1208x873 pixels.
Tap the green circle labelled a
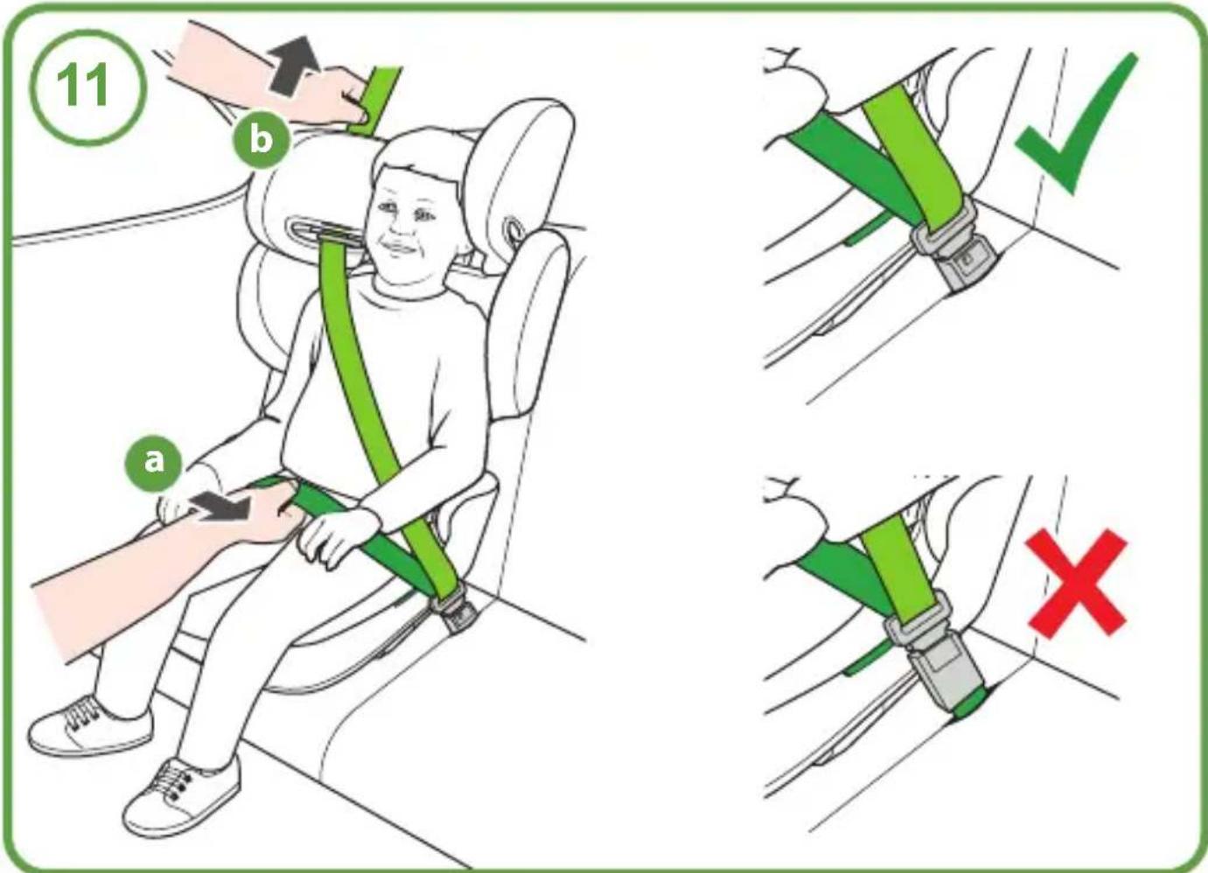click(x=154, y=461)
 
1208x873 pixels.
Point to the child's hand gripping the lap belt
click(x=337, y=536)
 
